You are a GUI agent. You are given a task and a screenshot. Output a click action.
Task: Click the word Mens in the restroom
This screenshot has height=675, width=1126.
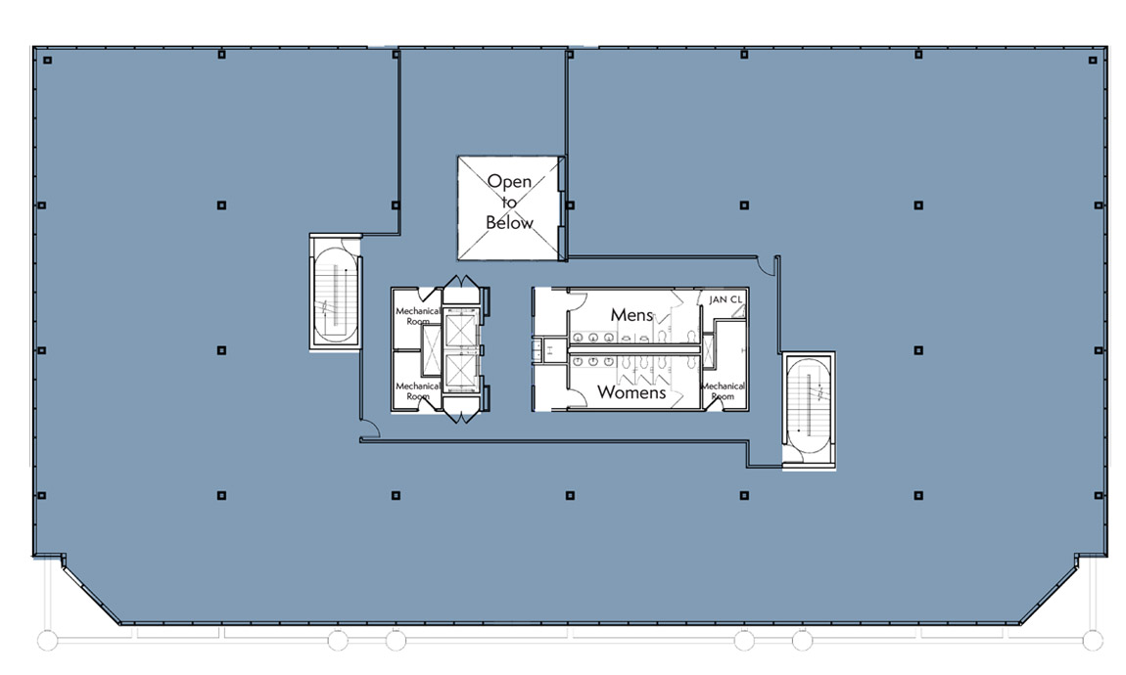632,315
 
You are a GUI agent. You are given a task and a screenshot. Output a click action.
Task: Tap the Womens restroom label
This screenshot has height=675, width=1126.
632,392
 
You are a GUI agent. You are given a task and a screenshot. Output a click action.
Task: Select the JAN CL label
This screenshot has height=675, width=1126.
726,300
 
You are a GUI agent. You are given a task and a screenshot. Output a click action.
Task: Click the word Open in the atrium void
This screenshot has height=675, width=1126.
509,182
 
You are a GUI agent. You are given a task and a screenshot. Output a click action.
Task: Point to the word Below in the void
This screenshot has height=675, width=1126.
509,223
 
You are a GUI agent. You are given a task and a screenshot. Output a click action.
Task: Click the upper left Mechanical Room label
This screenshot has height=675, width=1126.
418,316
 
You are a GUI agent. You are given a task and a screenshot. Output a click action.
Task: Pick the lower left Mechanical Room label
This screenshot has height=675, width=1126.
418,391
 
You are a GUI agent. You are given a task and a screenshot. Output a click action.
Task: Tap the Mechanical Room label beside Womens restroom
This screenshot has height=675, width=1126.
723,391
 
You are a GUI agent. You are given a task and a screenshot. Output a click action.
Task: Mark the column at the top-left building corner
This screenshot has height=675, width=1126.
47,61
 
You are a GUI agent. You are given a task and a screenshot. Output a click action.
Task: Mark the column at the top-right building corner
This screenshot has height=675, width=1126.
1093,61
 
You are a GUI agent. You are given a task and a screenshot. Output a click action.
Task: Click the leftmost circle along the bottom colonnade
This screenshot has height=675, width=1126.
47,640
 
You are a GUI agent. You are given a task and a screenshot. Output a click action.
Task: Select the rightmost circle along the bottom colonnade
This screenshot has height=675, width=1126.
1093,640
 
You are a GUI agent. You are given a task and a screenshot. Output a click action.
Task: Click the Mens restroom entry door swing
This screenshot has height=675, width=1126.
578,300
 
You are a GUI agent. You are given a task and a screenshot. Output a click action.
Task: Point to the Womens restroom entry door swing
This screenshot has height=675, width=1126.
578,399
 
